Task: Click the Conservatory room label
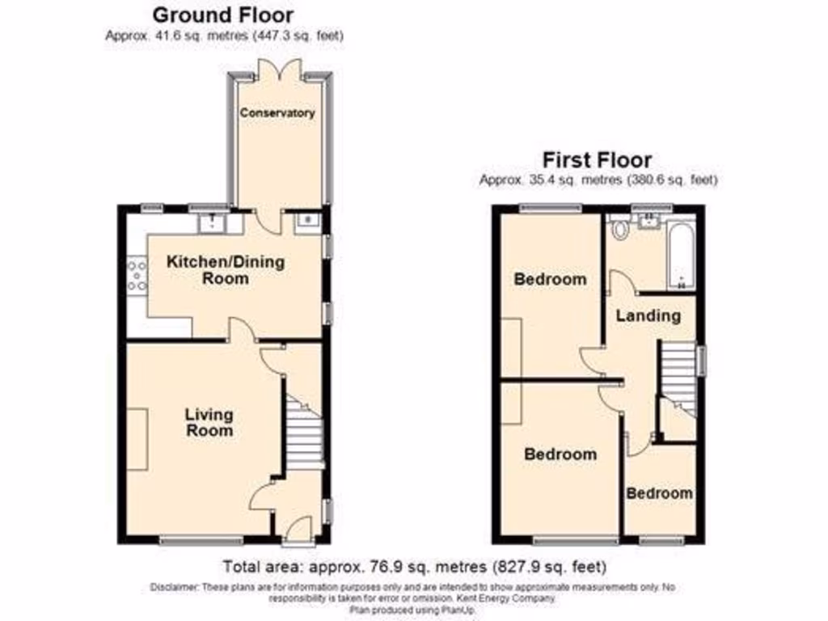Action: click(277, 113)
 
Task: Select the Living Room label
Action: click(209, 422)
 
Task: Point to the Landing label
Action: click(648, 315)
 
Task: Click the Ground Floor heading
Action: click(223, 15)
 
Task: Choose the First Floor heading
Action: click(598, 159)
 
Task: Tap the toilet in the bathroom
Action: click(621, 229)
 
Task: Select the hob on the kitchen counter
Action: click(136, 273)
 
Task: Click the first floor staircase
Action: click(678, 376)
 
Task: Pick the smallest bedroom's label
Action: click(660, 493)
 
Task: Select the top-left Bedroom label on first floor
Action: click(550, 280)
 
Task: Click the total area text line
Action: click(413, 567)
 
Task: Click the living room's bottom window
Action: click(201, 539)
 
